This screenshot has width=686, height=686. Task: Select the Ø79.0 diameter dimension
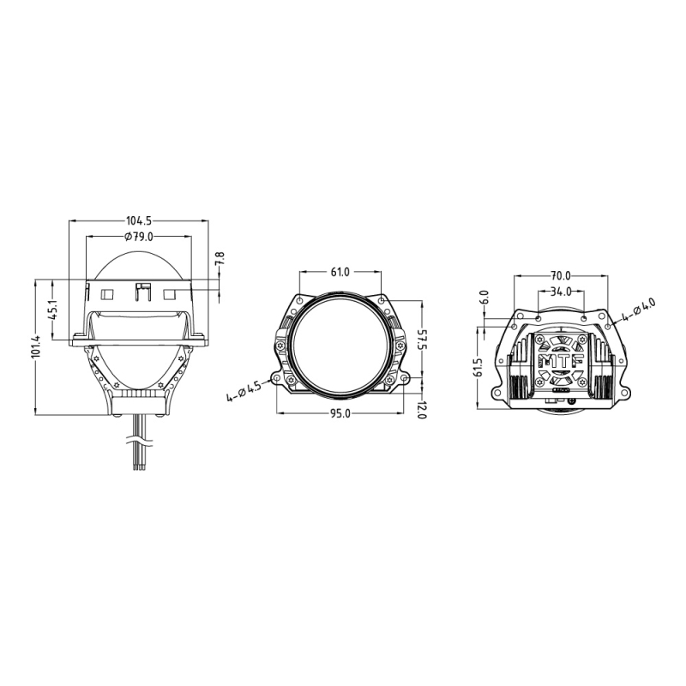pyautogui.click(x=138, y=236)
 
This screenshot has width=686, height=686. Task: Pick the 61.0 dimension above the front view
pyautogui.click(x=340, y=273)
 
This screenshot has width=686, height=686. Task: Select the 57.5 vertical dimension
pyautogui.click(x=421, y=340)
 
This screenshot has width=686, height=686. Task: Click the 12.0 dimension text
pyautogui.click(x=421, y=410)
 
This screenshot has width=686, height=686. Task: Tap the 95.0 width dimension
pyautogui.click(x=340, y=414)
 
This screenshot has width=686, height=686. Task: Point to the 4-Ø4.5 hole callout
pyautogui.click(x=243, y=392)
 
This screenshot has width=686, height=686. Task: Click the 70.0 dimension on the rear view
pyautogui.click(x=561, y=276)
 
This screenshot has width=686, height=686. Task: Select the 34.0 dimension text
pyautogui.click(x=561, y=292)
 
